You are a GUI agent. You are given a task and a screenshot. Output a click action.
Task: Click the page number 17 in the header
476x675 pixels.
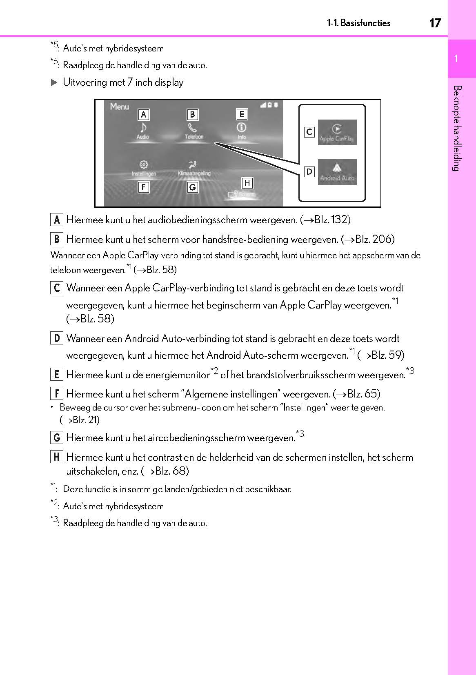[435, 23]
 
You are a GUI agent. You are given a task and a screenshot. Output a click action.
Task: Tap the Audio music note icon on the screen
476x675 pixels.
[143, 128]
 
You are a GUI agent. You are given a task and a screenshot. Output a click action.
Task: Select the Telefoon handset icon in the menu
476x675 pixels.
[192, 128]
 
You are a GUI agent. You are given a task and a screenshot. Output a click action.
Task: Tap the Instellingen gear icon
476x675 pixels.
[144, 164]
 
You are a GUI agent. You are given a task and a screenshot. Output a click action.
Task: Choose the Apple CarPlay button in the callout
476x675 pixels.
[337, 132]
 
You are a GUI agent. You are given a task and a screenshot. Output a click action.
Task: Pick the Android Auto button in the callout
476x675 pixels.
[337, 172]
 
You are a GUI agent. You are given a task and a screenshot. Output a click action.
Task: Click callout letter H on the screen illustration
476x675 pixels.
[247, 183]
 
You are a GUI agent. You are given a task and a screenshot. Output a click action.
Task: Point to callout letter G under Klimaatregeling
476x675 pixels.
[192, 187]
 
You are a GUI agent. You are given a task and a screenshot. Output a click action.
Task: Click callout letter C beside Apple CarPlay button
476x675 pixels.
[309, 132]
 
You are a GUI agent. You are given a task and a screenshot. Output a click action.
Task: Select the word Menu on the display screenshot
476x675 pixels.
[119, 107]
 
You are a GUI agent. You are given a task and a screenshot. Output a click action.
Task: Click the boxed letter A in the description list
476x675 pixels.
[57, 220]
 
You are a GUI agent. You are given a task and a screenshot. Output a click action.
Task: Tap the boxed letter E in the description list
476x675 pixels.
[57, 375]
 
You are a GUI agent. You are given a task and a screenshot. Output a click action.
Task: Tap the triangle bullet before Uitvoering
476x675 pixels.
[54, 82]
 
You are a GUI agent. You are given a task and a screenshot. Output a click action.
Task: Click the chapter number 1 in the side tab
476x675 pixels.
[456, 59]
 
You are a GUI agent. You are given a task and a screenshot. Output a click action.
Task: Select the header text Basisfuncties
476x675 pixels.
[365, 23]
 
